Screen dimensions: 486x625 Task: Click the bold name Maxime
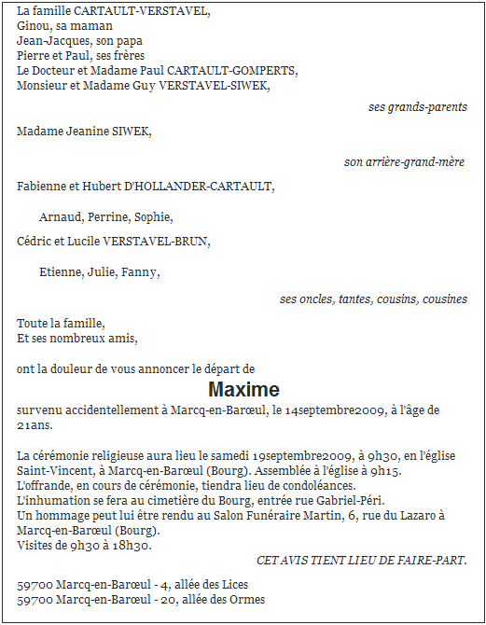coord(243,389)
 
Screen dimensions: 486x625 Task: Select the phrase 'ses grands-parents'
coord(417,107)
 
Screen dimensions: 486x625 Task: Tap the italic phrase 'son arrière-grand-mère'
coord(404,162)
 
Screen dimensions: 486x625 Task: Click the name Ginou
coord(34,26)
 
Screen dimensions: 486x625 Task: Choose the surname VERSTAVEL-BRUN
coord(156,242)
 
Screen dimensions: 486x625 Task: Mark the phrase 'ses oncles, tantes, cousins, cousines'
coord(373,299)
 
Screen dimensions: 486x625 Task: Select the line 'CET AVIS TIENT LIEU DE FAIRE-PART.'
coord(361,560)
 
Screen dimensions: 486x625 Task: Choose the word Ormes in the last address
coord(246,600)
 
